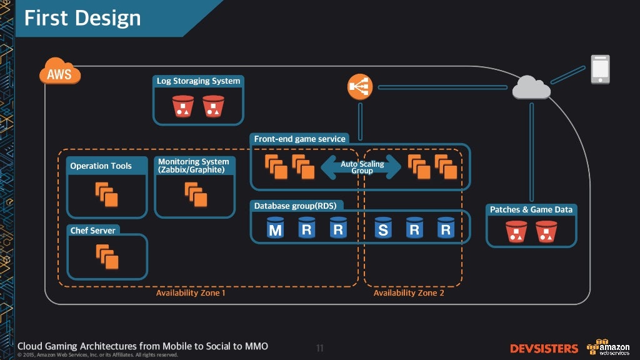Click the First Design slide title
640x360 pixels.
tap(82, 18)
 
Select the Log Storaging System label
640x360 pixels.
tap(198, 81)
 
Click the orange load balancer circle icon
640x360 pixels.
tap(360, 87)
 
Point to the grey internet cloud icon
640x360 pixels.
tap(531, 88)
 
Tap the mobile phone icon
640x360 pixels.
tap(600, 69)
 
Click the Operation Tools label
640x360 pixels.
tap(101, 166)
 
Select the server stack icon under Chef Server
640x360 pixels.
tap(106, 255)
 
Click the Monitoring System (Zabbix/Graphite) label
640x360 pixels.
tap(194, 166)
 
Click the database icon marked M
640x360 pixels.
tap(275, 229)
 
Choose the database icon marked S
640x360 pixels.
tap(382, 229)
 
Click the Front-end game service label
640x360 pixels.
tap(299, 139)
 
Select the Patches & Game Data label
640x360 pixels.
tap(531, 209)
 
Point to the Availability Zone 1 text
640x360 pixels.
tap(191, 292)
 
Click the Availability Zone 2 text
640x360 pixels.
tap(409, 292)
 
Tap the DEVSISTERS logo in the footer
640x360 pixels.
tap(544, 348)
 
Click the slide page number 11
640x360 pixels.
tap(319, 348)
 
